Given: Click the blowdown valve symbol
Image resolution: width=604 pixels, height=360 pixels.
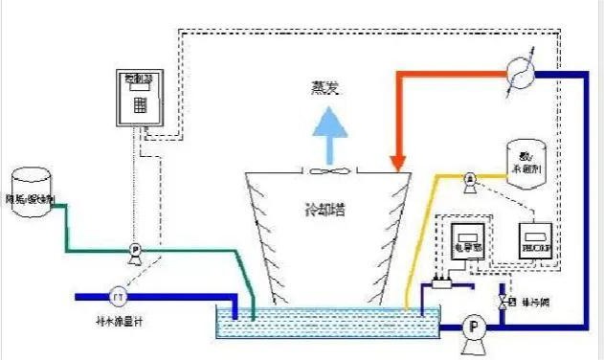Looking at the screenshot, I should [x=504, y=302].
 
